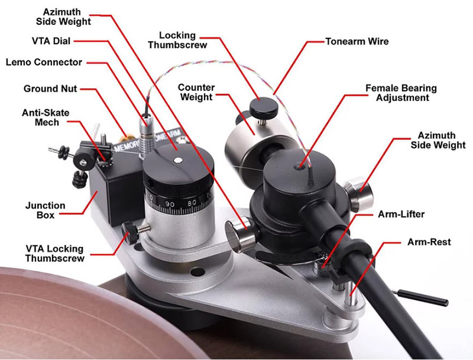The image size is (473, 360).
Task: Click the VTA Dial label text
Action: click(51, 41)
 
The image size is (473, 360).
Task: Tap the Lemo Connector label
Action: click(44, 62)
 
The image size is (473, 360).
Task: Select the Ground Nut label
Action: click(50, 89)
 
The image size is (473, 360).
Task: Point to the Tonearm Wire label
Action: click(357, 41)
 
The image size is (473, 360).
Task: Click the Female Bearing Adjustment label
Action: click(401, 93)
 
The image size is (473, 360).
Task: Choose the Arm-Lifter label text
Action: click(401, 214)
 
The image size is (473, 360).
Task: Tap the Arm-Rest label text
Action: click(429, 242)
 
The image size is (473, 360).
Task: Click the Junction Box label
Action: click(46, 210)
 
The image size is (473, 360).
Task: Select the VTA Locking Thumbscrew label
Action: click(54, 253)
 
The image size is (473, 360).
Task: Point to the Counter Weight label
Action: click(196, 92)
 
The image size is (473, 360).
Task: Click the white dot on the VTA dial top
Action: click(179, 160)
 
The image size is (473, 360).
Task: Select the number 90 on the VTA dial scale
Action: click(170, 204)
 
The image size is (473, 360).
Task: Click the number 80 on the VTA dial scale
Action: click(192, 203)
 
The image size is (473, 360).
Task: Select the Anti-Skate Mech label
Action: click(46, 117)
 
